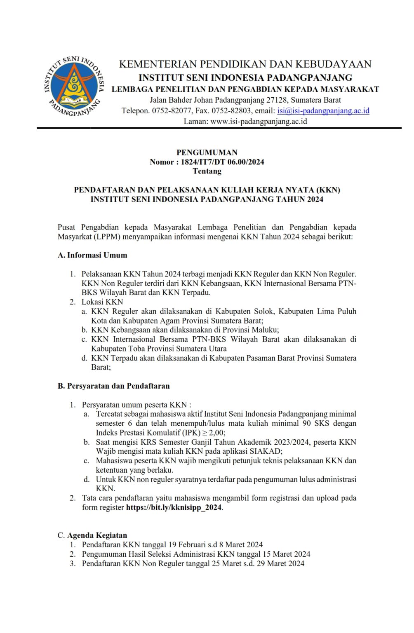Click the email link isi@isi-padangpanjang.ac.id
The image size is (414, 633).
click(x=323, y=110)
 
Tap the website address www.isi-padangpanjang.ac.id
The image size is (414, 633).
click(x=259, y=121)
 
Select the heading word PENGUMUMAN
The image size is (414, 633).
click(x=207, y=152)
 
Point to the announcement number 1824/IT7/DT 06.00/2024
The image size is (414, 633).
click(x=222, y=162)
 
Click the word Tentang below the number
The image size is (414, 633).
click(x=207, y=171)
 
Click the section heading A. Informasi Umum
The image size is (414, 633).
click(x=92, y=255)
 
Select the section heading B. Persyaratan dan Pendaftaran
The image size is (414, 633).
click(x=113, y=386)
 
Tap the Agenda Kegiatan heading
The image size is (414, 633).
click(x=97, y=535)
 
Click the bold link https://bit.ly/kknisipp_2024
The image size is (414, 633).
click(x=174, y=507)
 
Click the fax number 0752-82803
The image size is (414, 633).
click(x=232, y=110)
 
